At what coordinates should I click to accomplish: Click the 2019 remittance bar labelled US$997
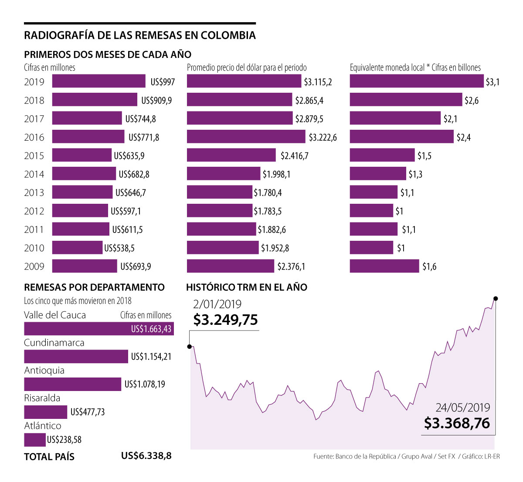click(x=98, y=81)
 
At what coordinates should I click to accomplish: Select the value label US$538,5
click(x=119, y=248)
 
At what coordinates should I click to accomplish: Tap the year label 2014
click(x=34, y=174)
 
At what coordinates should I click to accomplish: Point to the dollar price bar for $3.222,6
click(x=246, y=137)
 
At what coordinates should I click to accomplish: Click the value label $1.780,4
click(x=268, y=192)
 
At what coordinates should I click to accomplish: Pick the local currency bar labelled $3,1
click(x=417, y=81)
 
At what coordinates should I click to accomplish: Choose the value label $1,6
click(x=429, y=266)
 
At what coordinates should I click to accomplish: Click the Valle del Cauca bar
click(x=98, y=329)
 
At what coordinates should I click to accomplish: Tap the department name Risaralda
click(x=42, y=398)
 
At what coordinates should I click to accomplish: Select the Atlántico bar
click(x=35, y=440)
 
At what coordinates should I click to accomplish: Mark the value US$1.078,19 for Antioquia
click(x=145, y=384)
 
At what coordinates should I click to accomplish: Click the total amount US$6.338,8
click(x=146, y=456)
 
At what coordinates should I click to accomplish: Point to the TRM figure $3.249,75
click(x=225, y=320)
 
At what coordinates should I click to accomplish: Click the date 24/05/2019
click(x=463, y=408)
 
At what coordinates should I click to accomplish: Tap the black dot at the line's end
click(x=496, y=299)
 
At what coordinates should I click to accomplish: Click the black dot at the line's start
click(x=190, y=347)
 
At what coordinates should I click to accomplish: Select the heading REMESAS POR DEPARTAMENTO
click(x=94, y=287)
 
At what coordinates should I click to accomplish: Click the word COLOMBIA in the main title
click(x=228, y=35)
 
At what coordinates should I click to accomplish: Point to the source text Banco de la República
click(x=366, y=456)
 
